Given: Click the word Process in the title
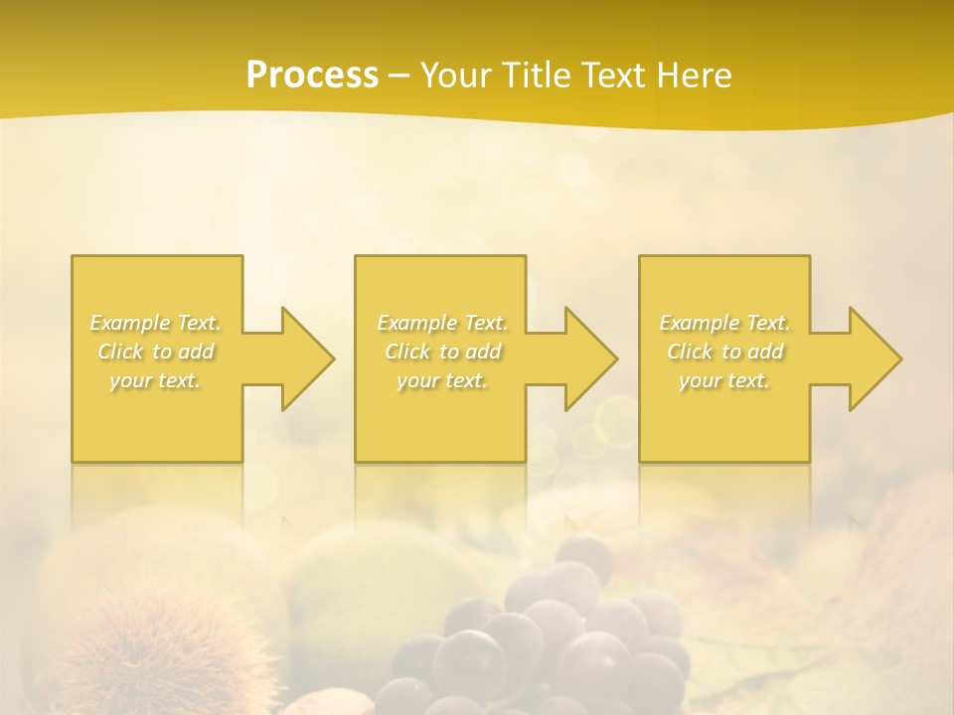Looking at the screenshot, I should (312, 75).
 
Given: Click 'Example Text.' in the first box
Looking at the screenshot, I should (156, 323).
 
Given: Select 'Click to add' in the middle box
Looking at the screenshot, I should (442, 352).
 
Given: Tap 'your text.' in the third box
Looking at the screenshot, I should (724, 380).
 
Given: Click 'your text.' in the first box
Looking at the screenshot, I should (156, 380).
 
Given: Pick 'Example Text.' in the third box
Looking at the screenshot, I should (724, 323).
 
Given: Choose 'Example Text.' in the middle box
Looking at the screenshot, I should (442, 323).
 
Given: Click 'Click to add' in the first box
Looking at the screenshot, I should (156, 352).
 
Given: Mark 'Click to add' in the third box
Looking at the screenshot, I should (724, 352).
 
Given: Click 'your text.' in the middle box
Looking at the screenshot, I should (442, 380).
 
